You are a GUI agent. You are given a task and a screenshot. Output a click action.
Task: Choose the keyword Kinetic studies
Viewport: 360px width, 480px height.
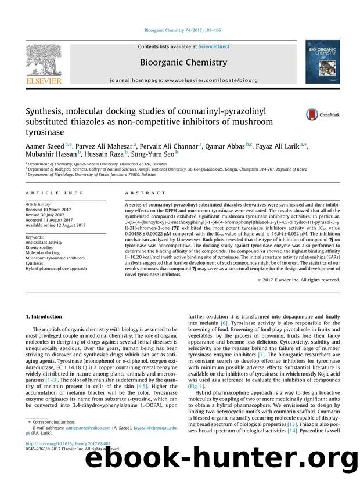(x=42, y=248)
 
